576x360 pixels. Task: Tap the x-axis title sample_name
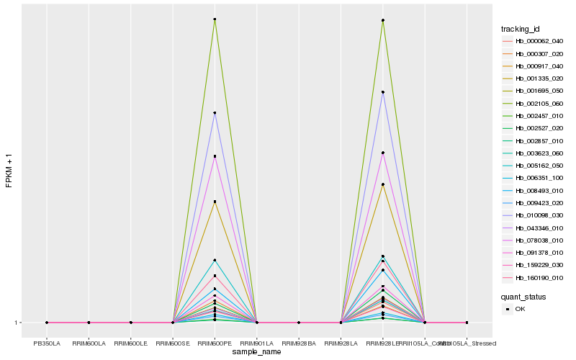257,352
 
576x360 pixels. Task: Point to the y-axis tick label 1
16,323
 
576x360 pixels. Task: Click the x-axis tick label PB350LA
47,343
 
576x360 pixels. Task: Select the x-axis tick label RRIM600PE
215,343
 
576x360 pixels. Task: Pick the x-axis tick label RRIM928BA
299,343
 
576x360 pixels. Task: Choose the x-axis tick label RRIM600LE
130,343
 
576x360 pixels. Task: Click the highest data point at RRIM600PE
215,19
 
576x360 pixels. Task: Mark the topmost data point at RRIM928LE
382,20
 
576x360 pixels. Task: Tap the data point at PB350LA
47,323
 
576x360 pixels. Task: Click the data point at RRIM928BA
299,323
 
